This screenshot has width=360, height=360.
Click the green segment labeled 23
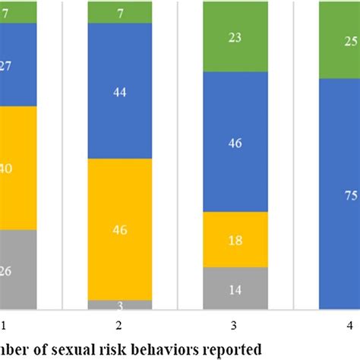tap(235, 36)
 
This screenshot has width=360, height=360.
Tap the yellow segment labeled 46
tap(118, 229)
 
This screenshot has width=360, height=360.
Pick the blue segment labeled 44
tap(118, 91)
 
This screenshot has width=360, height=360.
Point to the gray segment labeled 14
tap(235, 288)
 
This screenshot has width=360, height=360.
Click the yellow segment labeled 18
tap(235, 238)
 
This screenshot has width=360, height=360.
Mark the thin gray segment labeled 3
tap(118, 305)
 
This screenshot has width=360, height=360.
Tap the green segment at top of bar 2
tap(118, 12)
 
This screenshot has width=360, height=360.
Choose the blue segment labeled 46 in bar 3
tap(235, 141)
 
